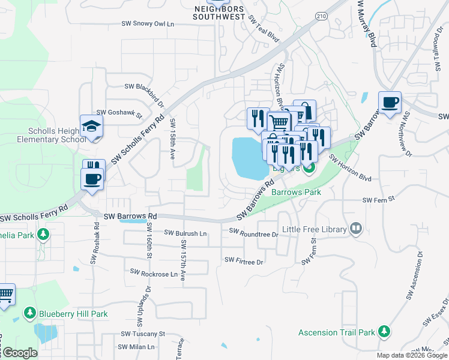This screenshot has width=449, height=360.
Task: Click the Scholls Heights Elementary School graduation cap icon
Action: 92,126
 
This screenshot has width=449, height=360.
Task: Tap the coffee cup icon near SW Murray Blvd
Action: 390,102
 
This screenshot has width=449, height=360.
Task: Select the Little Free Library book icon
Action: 356,229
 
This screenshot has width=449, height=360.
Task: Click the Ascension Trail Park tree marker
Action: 384,331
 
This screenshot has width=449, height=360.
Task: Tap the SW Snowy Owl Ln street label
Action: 147,24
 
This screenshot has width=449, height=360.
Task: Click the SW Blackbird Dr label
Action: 144,87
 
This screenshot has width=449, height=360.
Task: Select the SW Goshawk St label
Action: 119,112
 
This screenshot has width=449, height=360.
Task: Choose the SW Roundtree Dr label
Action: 254,232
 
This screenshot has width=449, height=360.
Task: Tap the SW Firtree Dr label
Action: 244,261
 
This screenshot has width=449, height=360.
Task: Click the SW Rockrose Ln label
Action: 151,274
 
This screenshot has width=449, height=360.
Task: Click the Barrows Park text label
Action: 296,192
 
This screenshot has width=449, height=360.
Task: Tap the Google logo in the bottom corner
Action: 19,352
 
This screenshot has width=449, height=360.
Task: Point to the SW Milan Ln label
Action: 137,347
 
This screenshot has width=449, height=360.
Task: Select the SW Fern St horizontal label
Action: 377,200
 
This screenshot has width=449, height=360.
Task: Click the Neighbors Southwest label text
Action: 218,13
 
